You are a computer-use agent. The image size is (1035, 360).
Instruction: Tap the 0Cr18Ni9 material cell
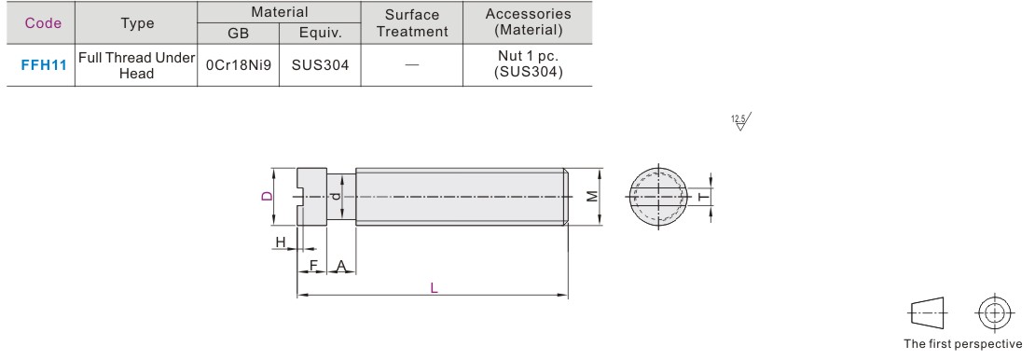(x=239, y=65)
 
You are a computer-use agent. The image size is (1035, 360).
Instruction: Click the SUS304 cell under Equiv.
(x=320, y=65)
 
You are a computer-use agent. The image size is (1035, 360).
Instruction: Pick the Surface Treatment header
(x=412, y=22)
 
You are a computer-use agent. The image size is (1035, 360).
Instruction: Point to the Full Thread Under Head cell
(x=137, y=65)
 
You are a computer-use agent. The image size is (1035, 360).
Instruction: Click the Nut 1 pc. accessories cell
(x=528, y=65)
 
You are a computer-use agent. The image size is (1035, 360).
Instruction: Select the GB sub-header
(x=239, y=33)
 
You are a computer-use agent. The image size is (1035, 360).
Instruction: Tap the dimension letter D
(x=267, y=196)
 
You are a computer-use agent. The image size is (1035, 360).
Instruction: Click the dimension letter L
(x=434, y=288)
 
